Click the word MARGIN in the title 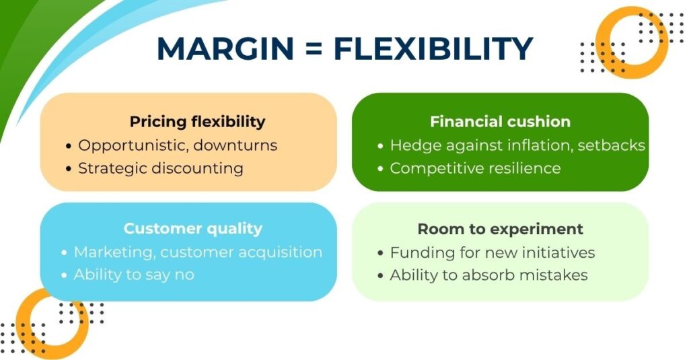tap(225, 48)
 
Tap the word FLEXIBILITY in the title tap(433, 48)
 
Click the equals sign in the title tap(314, 49)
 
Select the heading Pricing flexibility tap(197, 121)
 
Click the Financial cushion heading tap(500, 121)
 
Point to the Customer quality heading tap(193, 229)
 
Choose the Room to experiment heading tap(501, 229)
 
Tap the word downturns tap(235, 145)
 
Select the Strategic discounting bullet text tap(161, 168)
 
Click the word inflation tap(539, 145)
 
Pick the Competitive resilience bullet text tap(475, 168)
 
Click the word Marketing tap(114, 252)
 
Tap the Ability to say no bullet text tap(134, 275)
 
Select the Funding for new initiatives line tap(492, 253)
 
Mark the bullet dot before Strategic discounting tap(68, 169)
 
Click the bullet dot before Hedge tap(381, 145)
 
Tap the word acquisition tap(281, 252)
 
